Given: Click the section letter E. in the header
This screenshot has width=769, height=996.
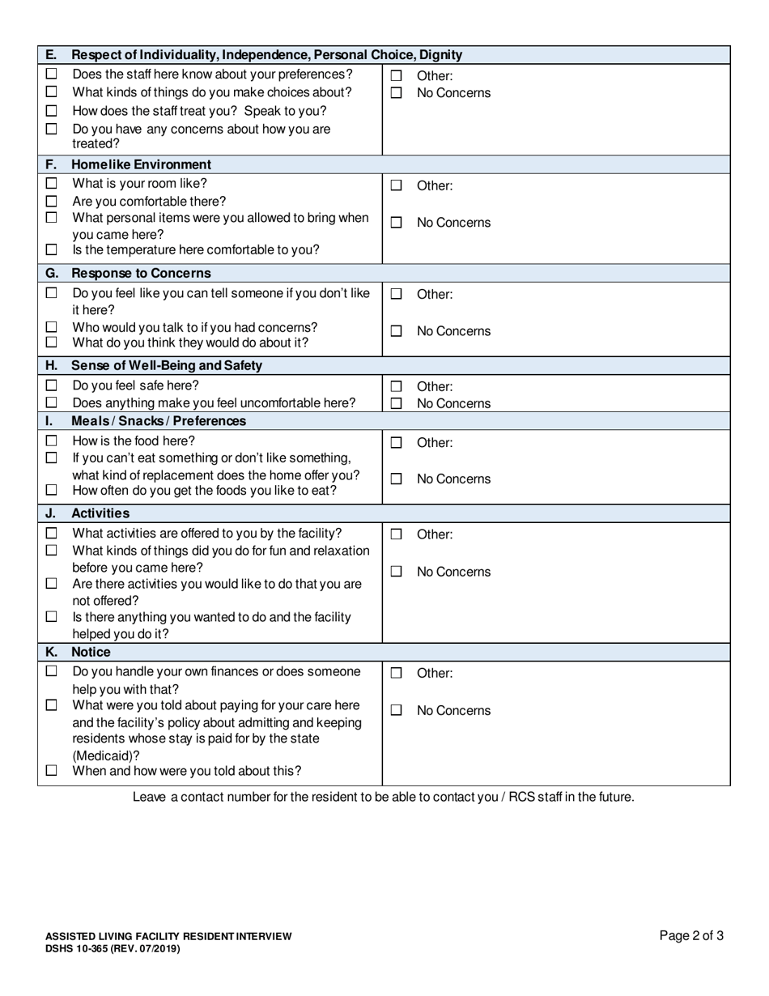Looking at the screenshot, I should click(x=51, y=55).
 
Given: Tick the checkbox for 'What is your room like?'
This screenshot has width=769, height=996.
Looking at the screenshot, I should click(x=52, y=184).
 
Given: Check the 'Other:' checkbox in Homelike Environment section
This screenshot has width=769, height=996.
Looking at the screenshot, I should click(x=396, y=185).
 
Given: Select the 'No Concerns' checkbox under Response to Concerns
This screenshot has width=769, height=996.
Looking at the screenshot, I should click(x=396, y=331).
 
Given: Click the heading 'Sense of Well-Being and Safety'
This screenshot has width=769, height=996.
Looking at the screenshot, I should click(x=167, y=365).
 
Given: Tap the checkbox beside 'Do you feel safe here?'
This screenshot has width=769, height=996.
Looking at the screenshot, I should click(x=52, y=386).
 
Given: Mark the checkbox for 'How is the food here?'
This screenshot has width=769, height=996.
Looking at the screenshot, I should click(x=52, y=441).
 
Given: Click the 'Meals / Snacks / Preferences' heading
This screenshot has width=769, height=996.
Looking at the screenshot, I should click(x=159, y=421).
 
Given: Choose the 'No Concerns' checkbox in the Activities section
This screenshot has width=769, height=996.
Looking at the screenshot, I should click(x=396, y=572).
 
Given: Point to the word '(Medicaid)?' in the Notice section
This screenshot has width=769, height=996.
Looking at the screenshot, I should click(x=106, y=755).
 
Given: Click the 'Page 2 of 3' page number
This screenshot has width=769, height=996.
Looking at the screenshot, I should click(x=691, y=936).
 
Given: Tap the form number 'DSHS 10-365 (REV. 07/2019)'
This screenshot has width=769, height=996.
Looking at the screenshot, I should click(x=113, y=948).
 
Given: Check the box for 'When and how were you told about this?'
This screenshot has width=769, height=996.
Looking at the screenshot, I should click(x=52, y=771).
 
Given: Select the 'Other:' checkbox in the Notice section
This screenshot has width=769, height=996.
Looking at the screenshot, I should click(x=396, y=673).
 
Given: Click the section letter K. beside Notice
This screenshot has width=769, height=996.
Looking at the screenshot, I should click(x=51, y=652).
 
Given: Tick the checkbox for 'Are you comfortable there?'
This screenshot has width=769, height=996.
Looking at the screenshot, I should click(x=52, y=201).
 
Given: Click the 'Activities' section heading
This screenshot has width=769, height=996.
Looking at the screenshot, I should click(x=100, y=513).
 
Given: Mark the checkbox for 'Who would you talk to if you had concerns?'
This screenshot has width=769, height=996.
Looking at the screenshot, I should click(x=52, y=327).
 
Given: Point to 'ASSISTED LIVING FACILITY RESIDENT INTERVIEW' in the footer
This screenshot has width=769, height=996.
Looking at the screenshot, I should click(x=168, y=936).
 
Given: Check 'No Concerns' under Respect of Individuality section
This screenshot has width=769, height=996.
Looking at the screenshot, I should click(x=396, y=93).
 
